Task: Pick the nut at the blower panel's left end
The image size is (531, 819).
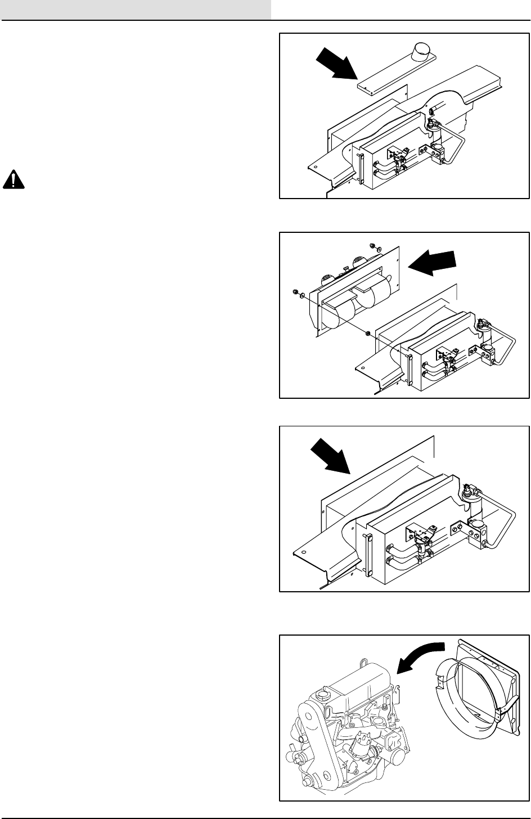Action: point(295,292)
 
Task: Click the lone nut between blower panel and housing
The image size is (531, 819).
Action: point(367,334)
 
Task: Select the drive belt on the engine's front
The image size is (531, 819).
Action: point(307,748)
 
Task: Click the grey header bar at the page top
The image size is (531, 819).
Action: point(136,10)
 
